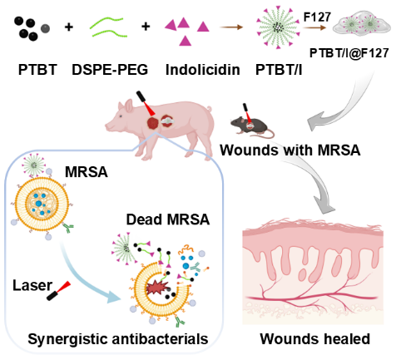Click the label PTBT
point(37,70)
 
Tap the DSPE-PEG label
point(110,70)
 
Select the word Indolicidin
point(203,70)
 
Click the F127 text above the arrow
point(317,17)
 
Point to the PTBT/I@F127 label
point(349,53)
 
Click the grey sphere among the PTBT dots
point(45,28)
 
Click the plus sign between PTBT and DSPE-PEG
point(69,27)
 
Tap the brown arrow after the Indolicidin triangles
point(231,27)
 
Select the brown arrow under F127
point(314,27)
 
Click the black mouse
point(251,126)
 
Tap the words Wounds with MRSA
point(290,150)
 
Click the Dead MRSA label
point(168,219)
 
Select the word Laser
point(32,285)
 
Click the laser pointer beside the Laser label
point(58,291)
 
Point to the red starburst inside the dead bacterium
point(157,288)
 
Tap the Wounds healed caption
point(315,338)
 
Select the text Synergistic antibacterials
point(118,339)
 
